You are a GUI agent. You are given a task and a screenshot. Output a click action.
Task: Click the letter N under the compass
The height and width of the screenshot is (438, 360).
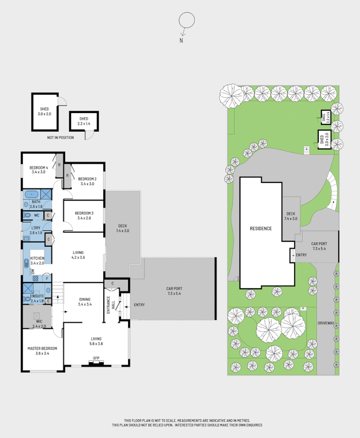(x=181, y=40)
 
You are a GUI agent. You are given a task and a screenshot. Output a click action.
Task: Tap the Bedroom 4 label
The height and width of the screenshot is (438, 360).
(x=39, y=169)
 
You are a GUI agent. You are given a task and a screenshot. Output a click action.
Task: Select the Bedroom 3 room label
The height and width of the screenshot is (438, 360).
(x=84, y=215)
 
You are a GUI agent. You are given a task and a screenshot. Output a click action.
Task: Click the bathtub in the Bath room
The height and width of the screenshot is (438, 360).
(x=31, y=194)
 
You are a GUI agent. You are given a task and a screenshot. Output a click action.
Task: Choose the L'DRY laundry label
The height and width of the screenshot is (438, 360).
(x=35, y=230)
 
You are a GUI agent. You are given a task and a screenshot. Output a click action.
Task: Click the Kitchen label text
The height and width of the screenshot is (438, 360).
(x=37, y=260)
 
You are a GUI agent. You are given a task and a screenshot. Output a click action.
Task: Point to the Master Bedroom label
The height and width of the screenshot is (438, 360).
(x=42, y=351)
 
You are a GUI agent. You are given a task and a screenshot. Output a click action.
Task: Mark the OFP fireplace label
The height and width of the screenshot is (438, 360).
(x=96, y=358)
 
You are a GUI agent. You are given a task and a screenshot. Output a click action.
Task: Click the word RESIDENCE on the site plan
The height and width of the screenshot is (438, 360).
(x=260, y=229)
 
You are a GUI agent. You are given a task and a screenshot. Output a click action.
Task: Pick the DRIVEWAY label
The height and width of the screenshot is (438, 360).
(x=326, y=324)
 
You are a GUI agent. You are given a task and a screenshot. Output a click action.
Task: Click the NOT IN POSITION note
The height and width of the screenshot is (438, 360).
(x=60, y=138)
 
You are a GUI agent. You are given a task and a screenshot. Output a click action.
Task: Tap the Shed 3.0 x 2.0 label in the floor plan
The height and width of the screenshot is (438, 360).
(x=44, y=111)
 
